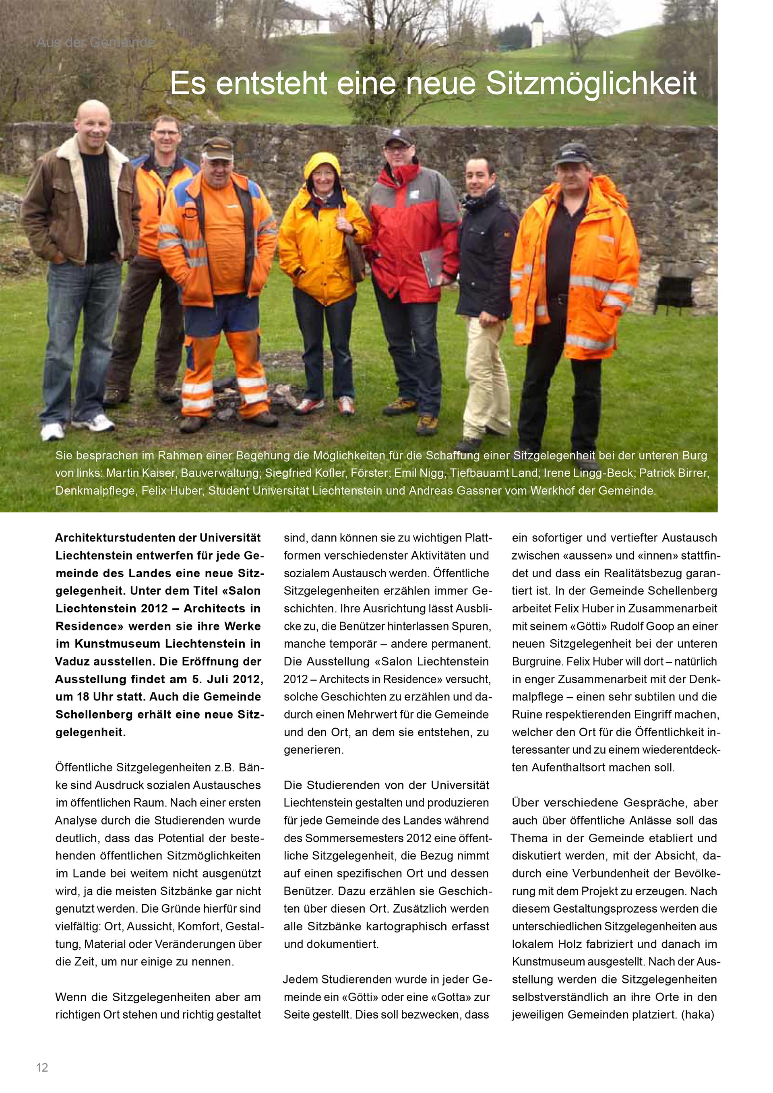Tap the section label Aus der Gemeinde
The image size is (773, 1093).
tap(96, 43)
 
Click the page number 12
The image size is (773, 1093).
tap(42, 1067)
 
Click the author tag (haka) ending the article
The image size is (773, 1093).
tap(697, 1014)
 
